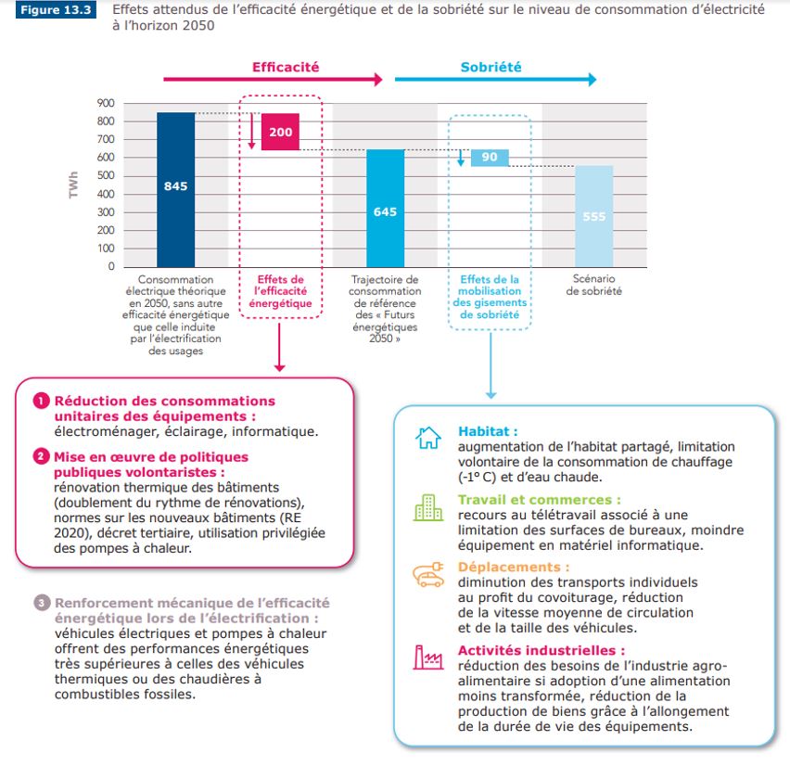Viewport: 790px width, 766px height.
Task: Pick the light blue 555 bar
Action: coord(594,216)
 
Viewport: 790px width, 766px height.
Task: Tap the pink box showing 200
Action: coord(281,132)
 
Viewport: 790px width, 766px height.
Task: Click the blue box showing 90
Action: coord(490,157)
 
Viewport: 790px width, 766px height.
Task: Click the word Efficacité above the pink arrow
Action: coord(286,67)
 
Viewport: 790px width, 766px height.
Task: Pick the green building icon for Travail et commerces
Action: coord(427,506)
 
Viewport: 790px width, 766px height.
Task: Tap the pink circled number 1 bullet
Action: coord(42,402)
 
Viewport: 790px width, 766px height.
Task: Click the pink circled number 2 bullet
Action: coord(42,457)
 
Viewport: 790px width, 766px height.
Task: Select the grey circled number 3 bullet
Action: coord(42,604)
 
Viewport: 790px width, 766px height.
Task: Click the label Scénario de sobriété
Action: coord(594,285)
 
